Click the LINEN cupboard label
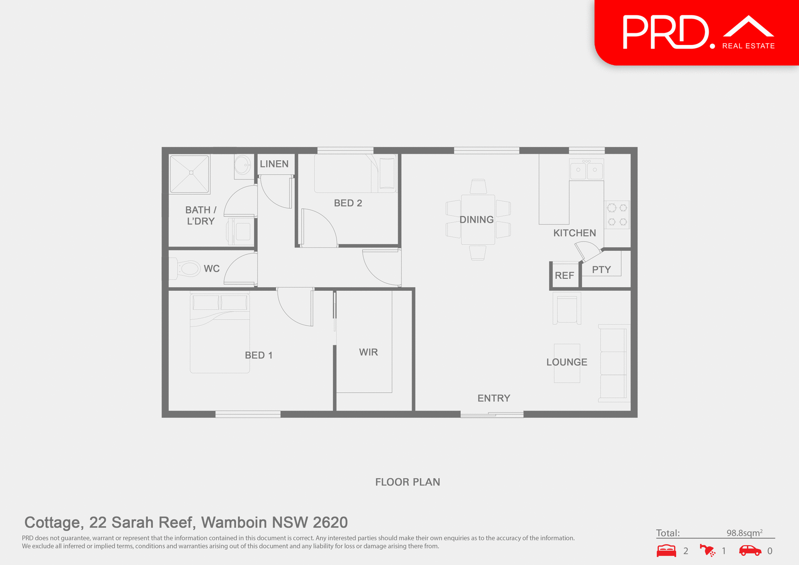274,164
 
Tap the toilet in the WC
187,268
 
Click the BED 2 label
348,203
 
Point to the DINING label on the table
476,220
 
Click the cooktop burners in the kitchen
617,215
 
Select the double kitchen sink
586,170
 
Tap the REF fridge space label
564,275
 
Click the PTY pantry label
601,270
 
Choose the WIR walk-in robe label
368,352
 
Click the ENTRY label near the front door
494,398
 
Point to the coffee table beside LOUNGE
567,374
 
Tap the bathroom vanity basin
243,166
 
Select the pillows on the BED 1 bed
220,302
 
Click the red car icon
750,550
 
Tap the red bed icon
666,550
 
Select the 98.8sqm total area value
744,533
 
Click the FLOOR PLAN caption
407,482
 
